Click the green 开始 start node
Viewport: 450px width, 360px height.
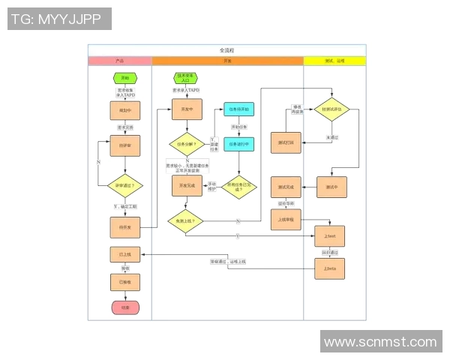click(x=125, y=77)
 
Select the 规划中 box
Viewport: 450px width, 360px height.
click(x=125, y=111)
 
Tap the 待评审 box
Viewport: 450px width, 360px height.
click(x=125, y=146)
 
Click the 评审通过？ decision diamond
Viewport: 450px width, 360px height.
click(x=125, y=184)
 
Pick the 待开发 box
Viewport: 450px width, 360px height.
click(x=125, y=227)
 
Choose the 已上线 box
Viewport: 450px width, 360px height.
click(x=125, y=254)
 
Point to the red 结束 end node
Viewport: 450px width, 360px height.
click(x=125, y=307)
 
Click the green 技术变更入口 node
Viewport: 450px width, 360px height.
click(x=186, y=77)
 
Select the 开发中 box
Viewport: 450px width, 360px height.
click(x=187, y=111)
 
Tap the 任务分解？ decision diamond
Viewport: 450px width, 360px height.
click(x=187, y=144)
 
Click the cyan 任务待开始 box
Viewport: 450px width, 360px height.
click(x=239, y=110)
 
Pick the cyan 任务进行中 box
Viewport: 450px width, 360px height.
click(x=239, y=144)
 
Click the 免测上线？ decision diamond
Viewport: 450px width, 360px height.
click(x=186, y=220)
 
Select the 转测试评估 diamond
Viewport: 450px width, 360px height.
click(x=331, y=109)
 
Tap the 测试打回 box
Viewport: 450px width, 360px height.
click(x=286, y=142)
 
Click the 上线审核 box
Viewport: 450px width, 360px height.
click(x=286, y=219)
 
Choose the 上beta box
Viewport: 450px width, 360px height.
click(x=330, y=268)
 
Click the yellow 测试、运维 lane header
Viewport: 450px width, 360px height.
click(x=334, y=61)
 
